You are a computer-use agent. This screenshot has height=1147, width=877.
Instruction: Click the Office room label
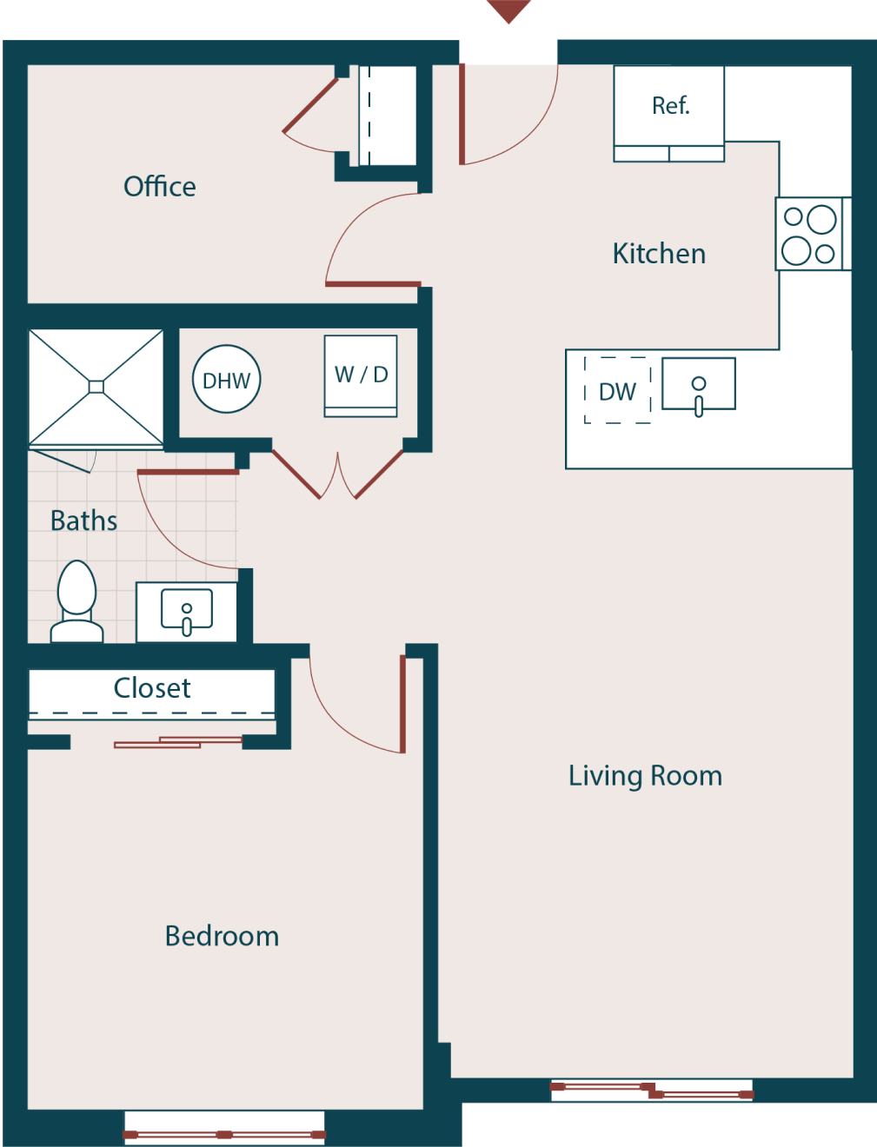click(x=160, y=186)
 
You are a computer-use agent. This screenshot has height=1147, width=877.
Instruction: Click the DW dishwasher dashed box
click(x=618, y=391)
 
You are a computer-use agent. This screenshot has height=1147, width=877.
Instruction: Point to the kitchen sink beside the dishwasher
click(x=699, y=384)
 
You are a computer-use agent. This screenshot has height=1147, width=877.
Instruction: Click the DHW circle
click(x=226, y=380)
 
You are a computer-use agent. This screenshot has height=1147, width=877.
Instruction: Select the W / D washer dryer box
click(x=361, y=375)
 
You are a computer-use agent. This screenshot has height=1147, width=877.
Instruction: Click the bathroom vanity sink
click(x=187, y=610)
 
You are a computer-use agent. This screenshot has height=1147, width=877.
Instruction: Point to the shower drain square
click(x=96, y=387)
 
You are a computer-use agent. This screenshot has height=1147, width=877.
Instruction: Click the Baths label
click(x=83, y=520)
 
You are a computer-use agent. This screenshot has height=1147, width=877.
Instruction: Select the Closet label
click(x=152, y=688)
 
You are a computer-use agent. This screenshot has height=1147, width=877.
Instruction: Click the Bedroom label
click(x=222, y=936)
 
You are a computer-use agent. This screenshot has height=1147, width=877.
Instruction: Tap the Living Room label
click(x=645, y=775)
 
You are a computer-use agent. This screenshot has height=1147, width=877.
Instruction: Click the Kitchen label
click(x=659, y=254)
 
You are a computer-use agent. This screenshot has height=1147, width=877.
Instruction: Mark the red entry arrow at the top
click(x=508, y=10)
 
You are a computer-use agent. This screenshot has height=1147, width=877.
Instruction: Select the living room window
click(x=651, y=1090)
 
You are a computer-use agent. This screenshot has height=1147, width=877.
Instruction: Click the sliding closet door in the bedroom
click(x=178, y=742)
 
